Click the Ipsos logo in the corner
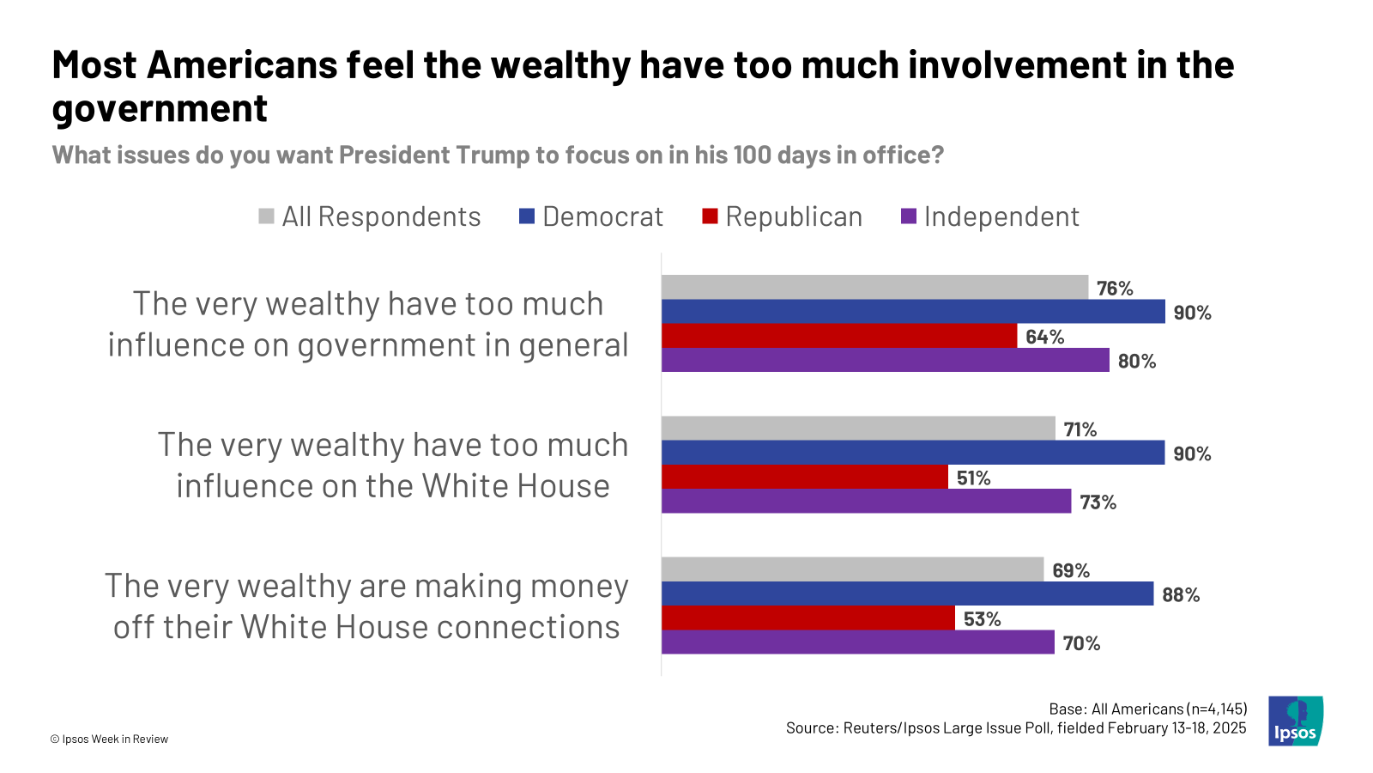coord(1296,721)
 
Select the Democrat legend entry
coord(591,217)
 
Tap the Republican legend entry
coord(782,217)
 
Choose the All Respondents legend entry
coord(370,217)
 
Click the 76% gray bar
coord(874,288)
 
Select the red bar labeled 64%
coord(838,336)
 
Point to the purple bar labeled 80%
coord(885,360)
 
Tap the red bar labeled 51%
coord(804,477)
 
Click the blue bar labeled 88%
coord(907,593)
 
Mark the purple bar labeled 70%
coord(857,642)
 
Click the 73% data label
coord(1098,502)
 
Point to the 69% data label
coord(1071,571)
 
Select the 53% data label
coord(982,619)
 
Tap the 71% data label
coord(1080,429)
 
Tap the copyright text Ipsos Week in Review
coord(109,740)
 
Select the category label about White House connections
coord(366,606)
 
